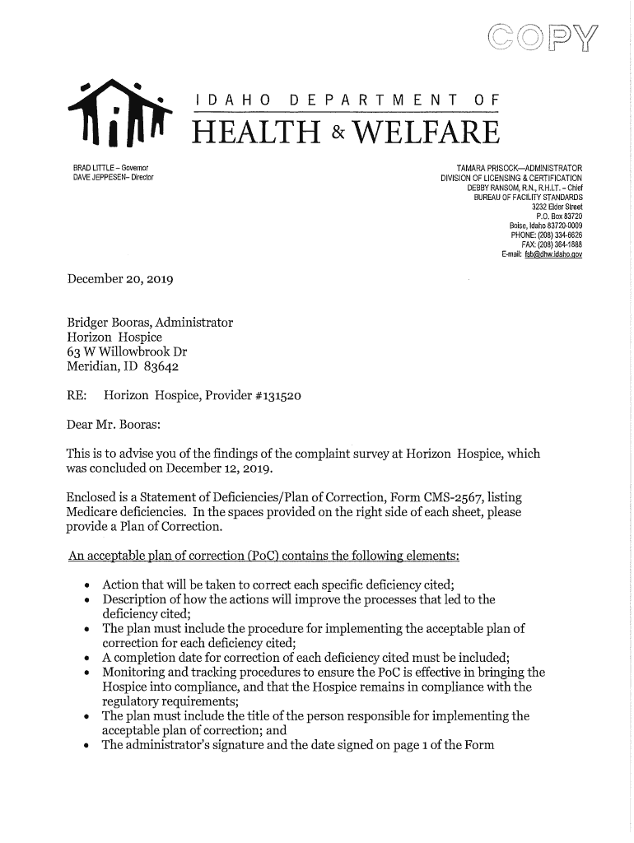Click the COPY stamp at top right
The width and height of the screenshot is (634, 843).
(x=544, y=39)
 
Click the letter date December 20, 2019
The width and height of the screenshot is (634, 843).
(x=119, y=279)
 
